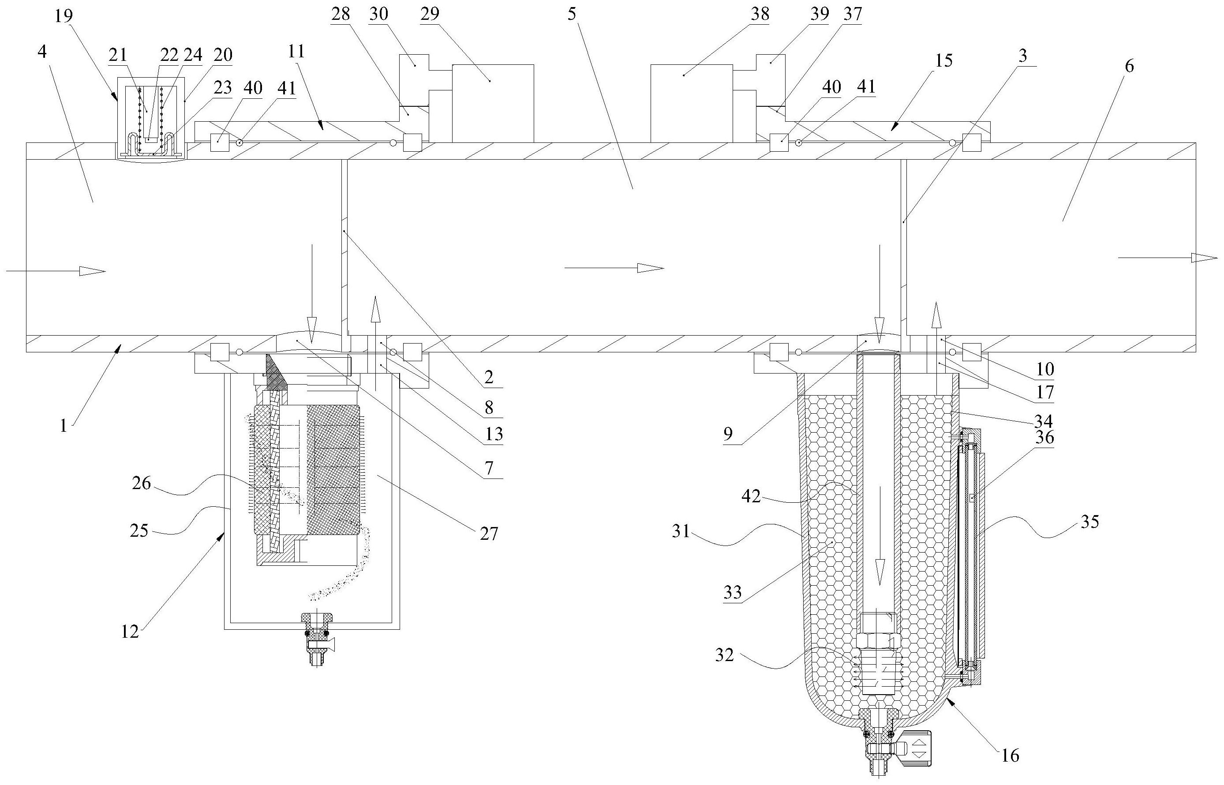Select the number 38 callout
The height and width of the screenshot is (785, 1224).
coord(760,14)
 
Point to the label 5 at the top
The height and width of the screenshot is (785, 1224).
coord(572,14)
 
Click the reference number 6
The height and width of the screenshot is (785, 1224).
coord(1130,66)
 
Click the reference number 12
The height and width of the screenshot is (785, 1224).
coord(130,632)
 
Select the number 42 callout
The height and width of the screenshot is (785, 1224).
coord(751,496)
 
